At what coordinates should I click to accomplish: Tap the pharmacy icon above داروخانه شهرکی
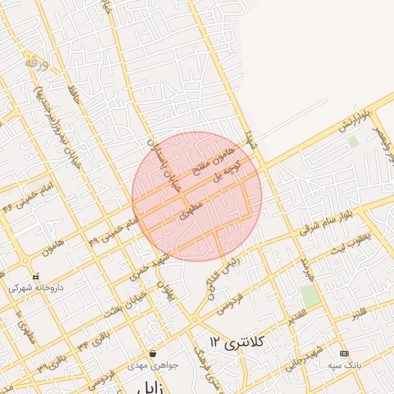click(35, 276)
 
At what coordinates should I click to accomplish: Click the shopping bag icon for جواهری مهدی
click(152, 354)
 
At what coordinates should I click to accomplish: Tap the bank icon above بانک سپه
click(343, 353)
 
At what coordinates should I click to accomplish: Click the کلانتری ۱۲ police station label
click(236, 339)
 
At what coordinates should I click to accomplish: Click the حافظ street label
click(75, 97)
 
